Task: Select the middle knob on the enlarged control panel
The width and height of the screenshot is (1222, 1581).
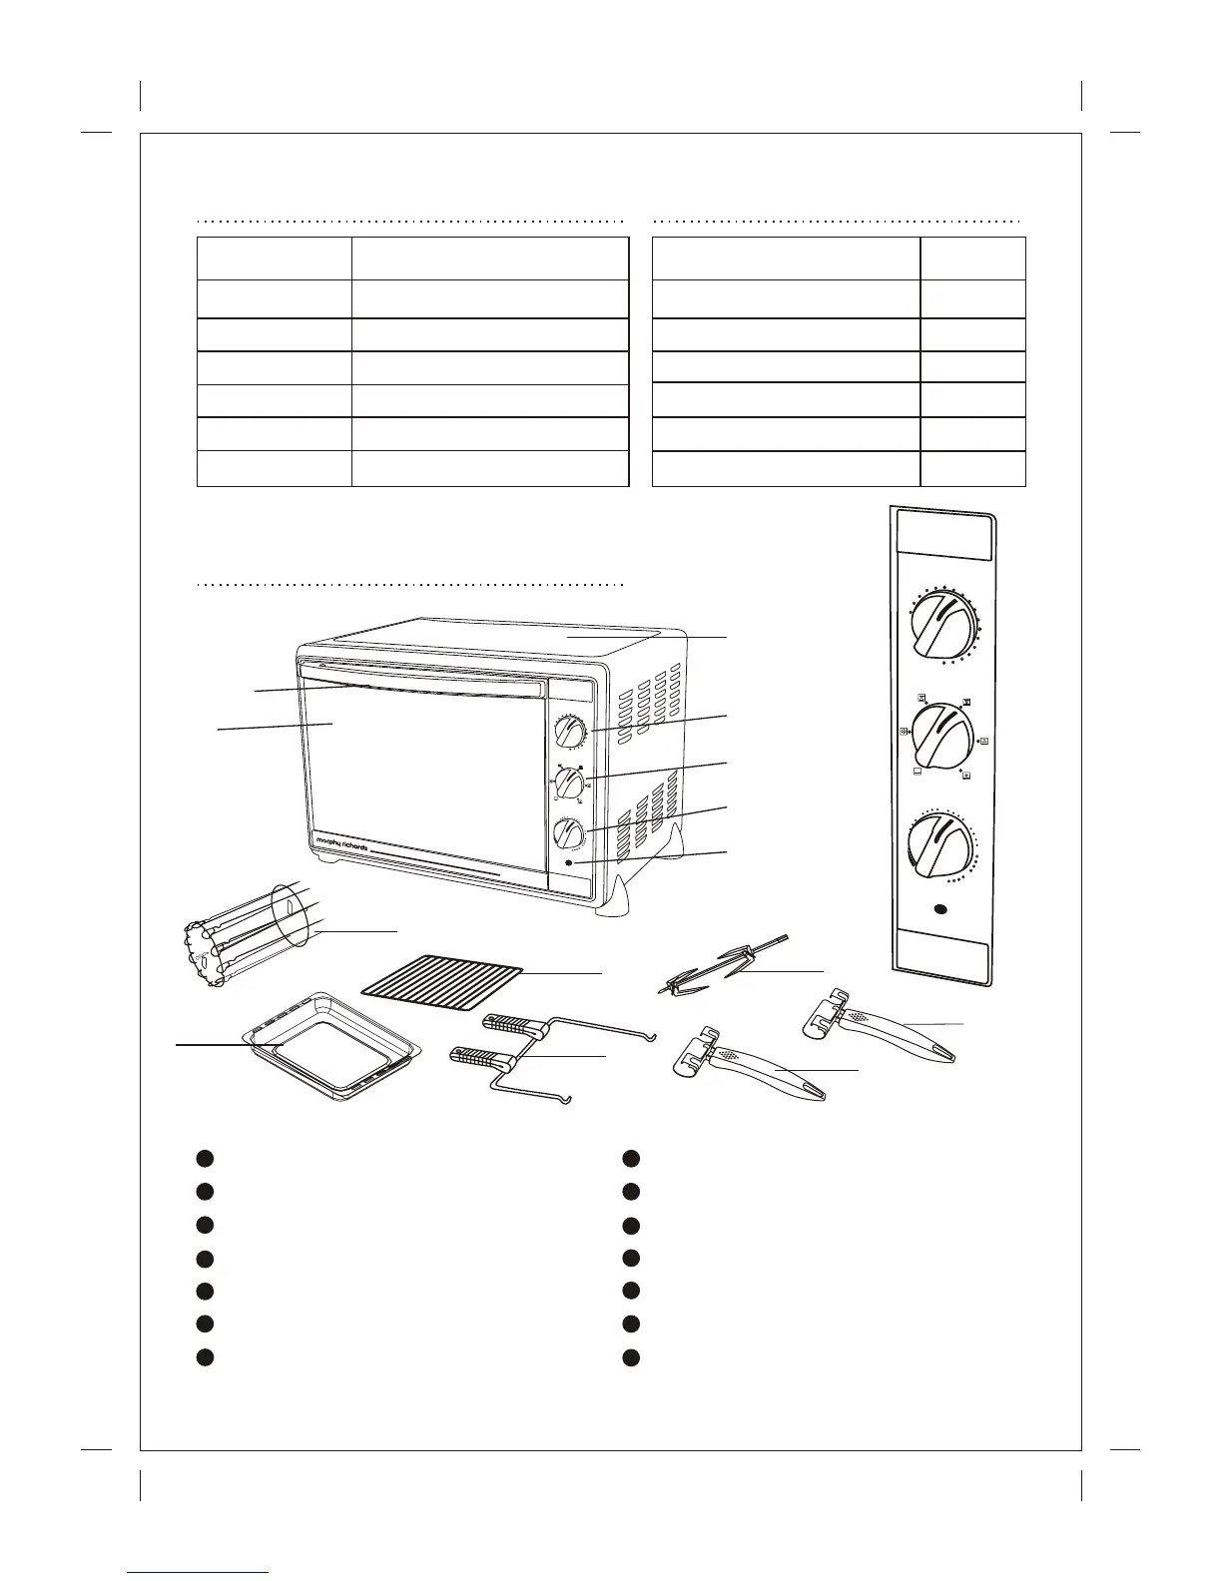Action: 941,737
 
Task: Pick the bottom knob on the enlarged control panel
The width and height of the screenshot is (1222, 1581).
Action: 939,846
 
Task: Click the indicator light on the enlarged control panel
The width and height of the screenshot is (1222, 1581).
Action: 939,910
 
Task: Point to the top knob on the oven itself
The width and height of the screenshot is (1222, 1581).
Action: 571,733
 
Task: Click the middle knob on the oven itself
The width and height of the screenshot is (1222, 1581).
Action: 571,784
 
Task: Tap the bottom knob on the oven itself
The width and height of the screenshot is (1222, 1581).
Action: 571,833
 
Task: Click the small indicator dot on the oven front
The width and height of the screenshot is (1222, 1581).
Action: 570,863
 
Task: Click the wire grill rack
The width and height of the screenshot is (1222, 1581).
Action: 442,975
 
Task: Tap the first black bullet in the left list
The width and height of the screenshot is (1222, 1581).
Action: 204,1158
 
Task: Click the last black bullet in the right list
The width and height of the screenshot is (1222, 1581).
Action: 631,1357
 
